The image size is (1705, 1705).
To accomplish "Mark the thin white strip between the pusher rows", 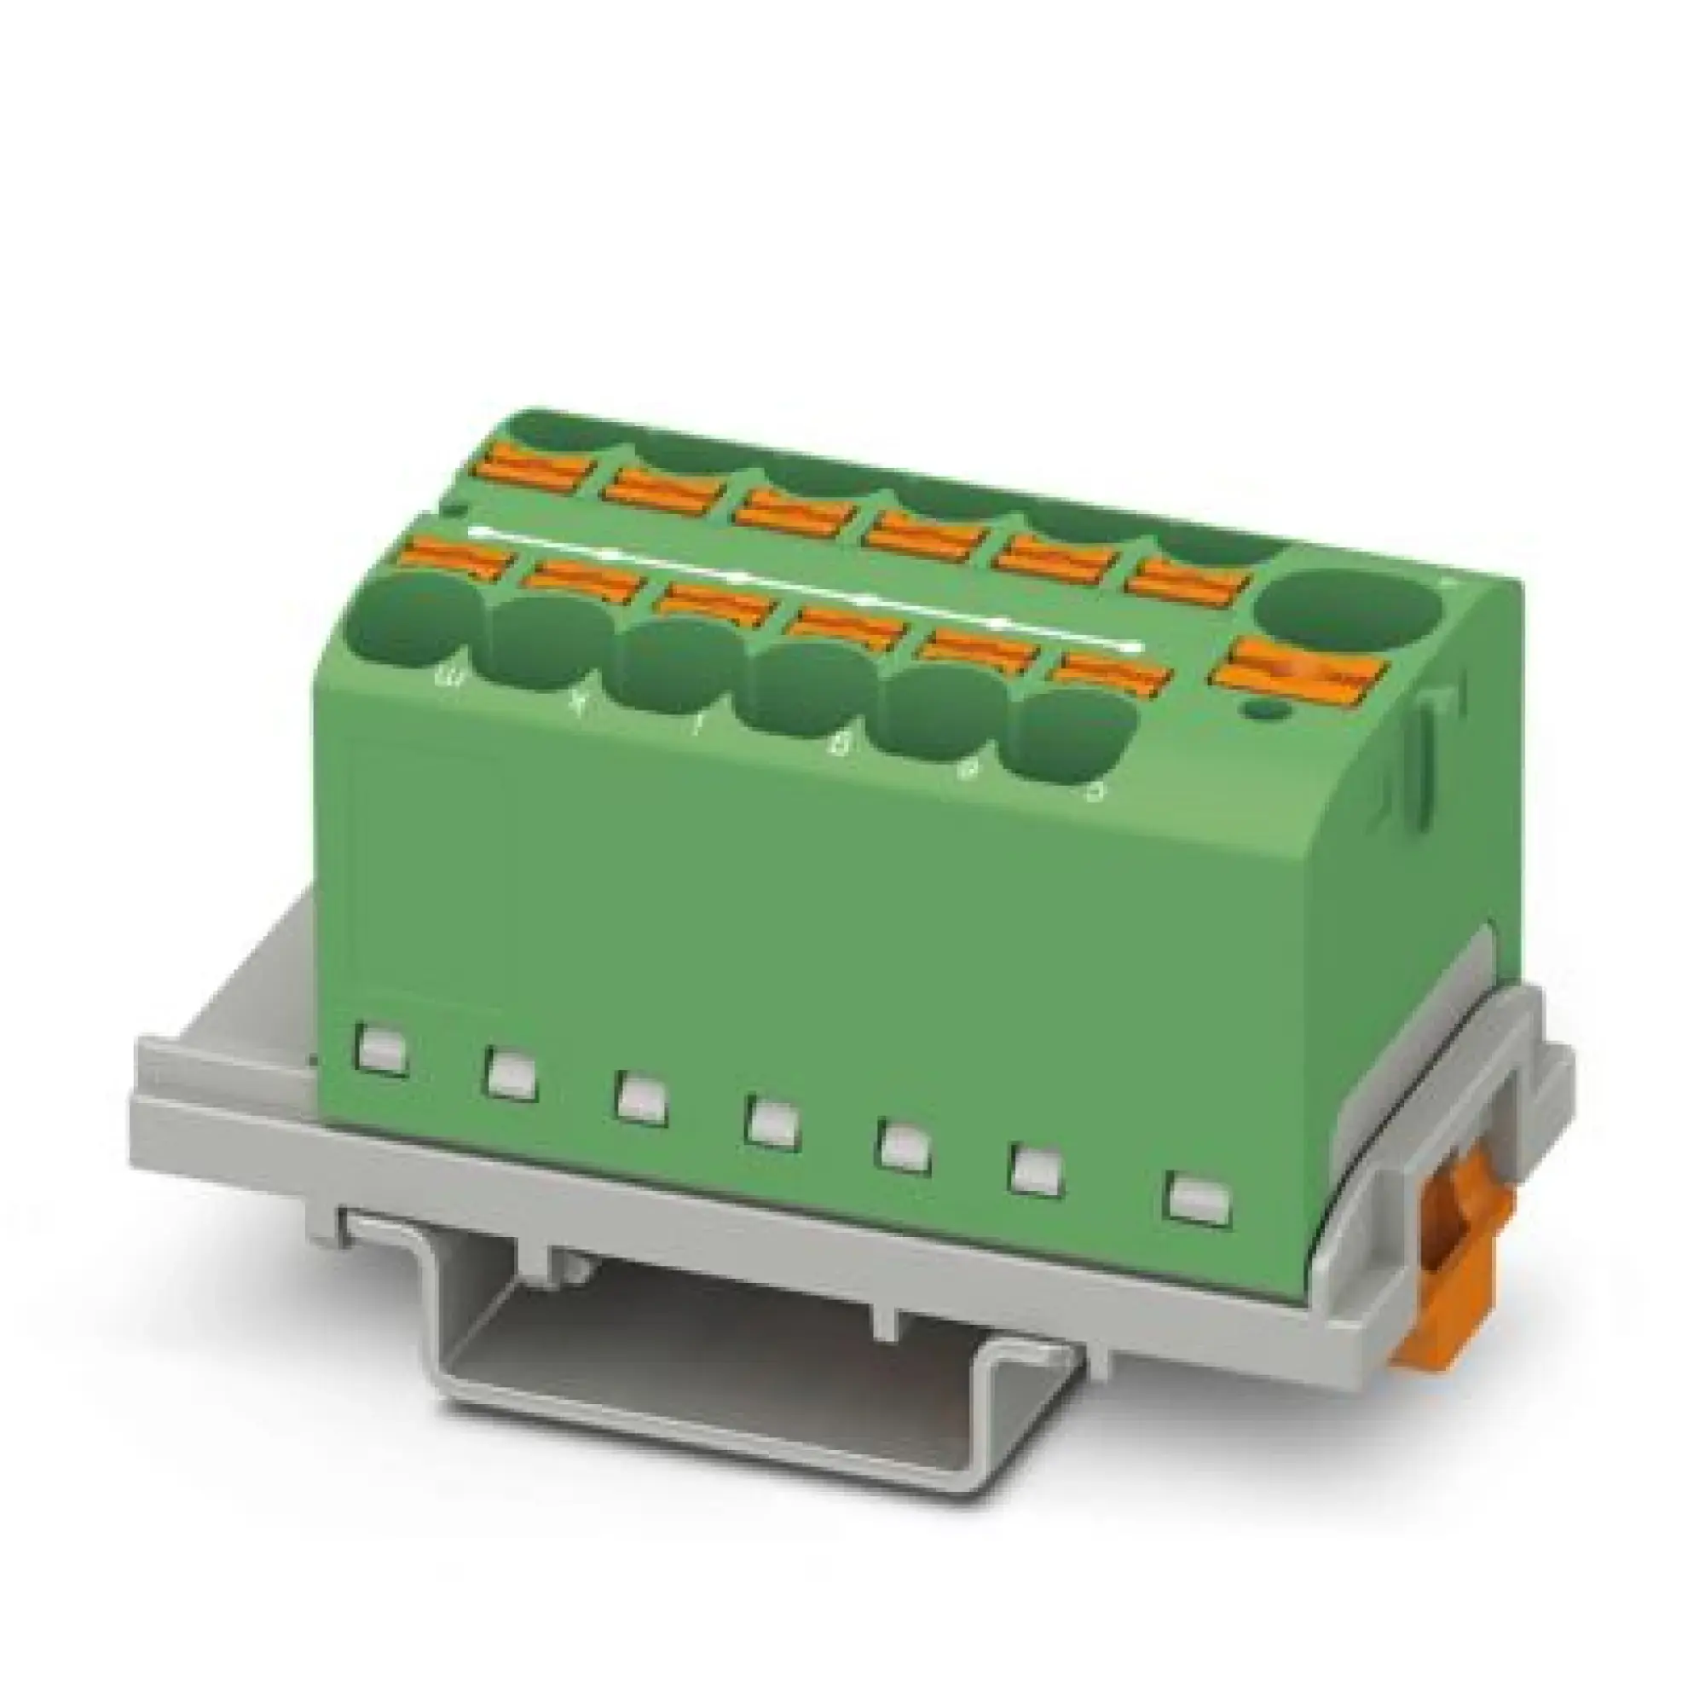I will [x=795, y=582].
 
